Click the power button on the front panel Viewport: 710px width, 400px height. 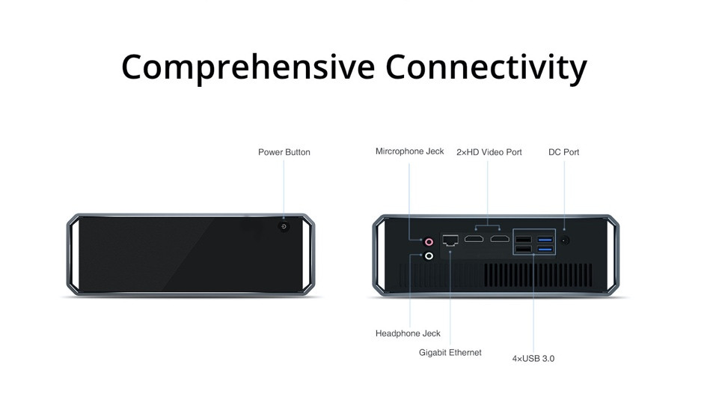pos(284,226)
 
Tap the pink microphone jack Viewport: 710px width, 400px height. pos(429,242)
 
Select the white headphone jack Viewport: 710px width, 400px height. pos(429,256)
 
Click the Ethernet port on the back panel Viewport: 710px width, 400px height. pos(450,240)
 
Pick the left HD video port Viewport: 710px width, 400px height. pos(474,239)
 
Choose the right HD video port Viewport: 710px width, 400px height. pos(500,239)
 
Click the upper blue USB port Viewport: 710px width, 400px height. pos(545,239)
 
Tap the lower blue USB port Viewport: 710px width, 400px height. pos(545,249)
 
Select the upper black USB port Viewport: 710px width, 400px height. pos(524,239)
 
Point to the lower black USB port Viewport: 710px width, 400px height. pos(524,249)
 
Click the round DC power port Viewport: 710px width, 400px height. pos(564,240)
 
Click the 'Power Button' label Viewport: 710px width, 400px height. pos(284,152)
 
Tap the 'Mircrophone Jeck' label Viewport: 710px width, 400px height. pos(410,151)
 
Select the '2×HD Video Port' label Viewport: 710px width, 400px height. pos(489,152)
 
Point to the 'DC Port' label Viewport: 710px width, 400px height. pos(564,152)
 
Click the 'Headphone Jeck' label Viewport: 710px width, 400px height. pos(408,333)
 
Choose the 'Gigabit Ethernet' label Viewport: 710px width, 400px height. pos(450,352)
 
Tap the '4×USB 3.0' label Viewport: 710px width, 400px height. pos(533,358)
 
